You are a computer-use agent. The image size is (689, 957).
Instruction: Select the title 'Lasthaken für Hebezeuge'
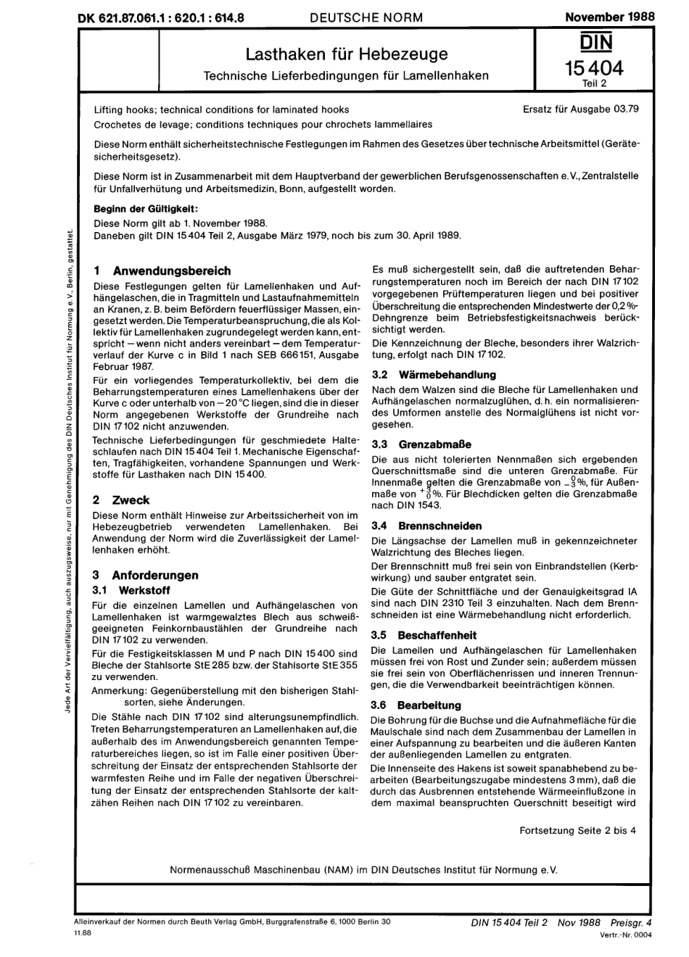347,54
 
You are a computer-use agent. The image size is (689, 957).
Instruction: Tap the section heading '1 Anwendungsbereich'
162,270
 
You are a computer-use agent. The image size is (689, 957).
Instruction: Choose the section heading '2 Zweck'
121,500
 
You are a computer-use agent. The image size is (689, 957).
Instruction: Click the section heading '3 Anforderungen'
145,575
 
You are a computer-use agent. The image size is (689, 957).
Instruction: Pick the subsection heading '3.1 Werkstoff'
131,590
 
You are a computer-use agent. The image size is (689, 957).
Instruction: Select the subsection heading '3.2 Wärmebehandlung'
434,375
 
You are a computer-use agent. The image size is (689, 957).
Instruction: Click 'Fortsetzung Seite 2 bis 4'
577,830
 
